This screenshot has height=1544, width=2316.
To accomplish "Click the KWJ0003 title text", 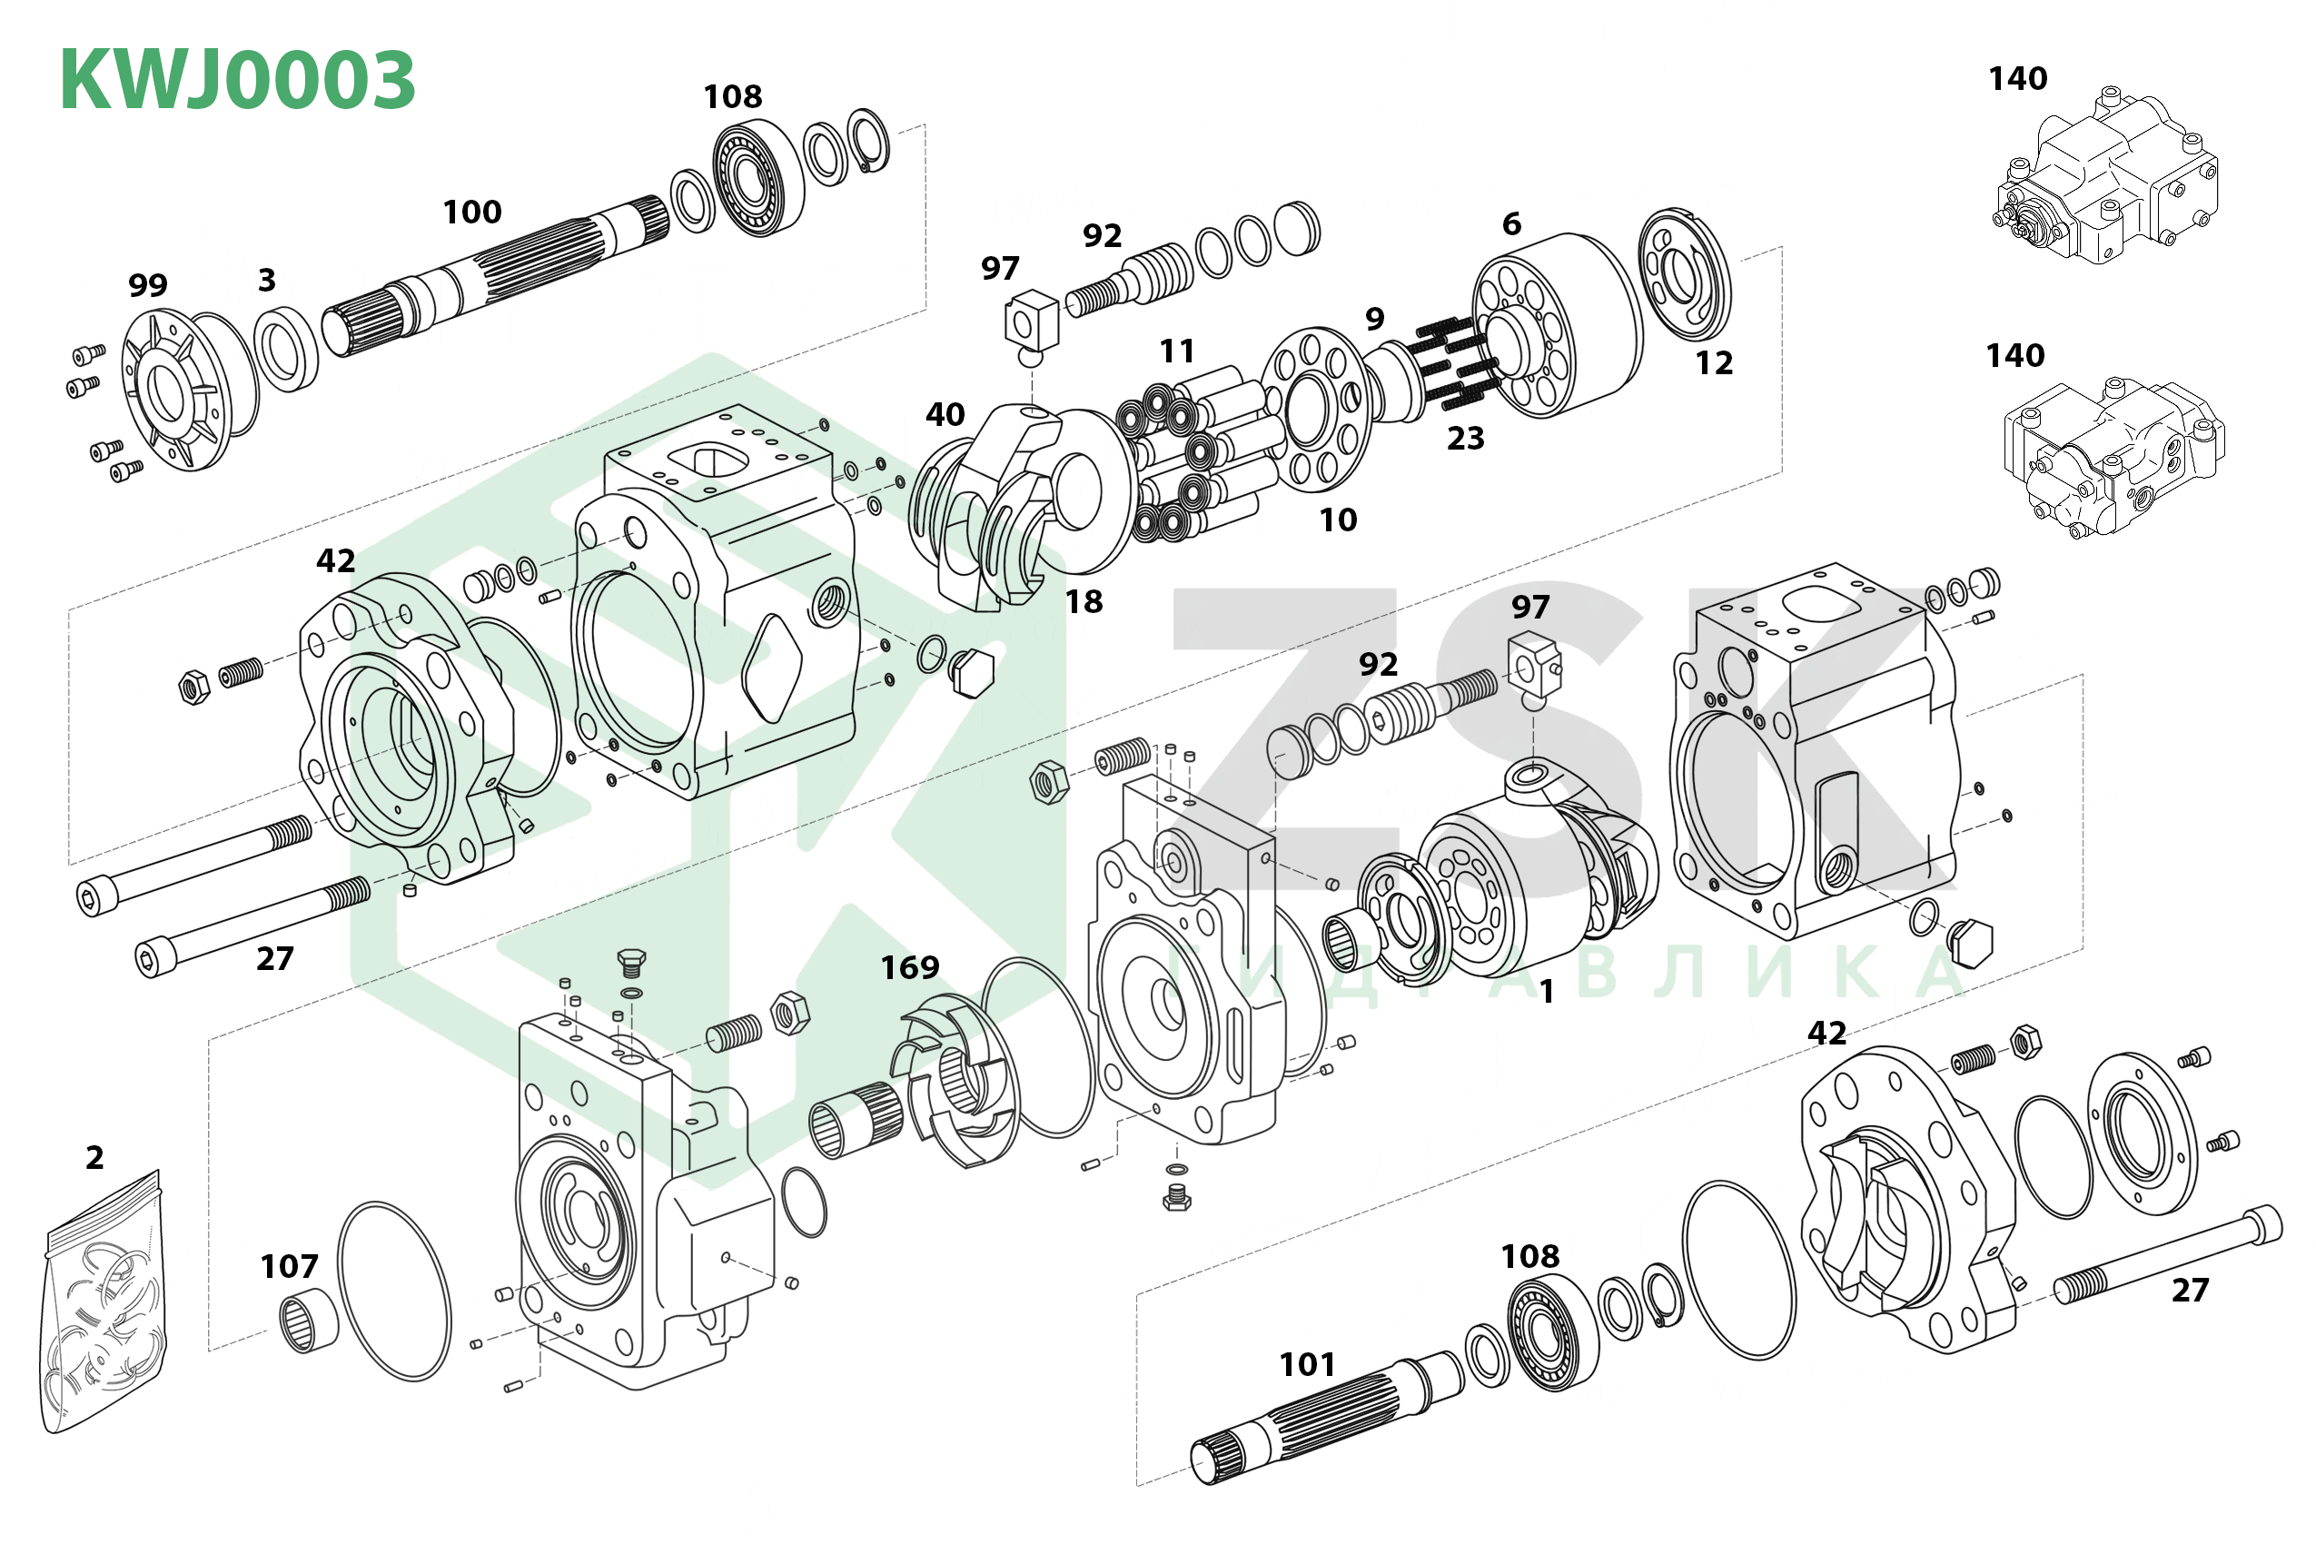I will (x=237, y=80).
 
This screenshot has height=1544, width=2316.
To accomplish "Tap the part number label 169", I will (x=909, y=968).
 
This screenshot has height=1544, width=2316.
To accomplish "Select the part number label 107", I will (x=289, y=1266).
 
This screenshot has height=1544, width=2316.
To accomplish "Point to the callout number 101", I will (x=1307, y=1365).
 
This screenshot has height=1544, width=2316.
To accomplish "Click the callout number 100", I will (x=471, y=212).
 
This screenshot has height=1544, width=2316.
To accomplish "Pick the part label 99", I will (x=148, y=285).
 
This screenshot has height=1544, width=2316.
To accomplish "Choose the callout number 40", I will (x=945, y=414).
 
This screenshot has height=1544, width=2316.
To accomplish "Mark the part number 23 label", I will (x=1464, y=438).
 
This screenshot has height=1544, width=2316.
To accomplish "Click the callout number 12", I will (x=1713, y=363).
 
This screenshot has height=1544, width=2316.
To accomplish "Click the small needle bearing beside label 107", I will (x=308, y=1324).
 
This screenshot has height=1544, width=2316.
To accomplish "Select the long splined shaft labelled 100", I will (x=492, y=271).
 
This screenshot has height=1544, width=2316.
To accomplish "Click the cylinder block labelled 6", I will (x=1556, y=325).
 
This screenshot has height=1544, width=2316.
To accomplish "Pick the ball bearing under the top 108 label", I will (x=757, y=178).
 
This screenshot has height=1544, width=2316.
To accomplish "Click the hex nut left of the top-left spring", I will (x=194, y=687).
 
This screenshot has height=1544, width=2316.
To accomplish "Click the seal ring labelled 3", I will (x=285, y=349).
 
